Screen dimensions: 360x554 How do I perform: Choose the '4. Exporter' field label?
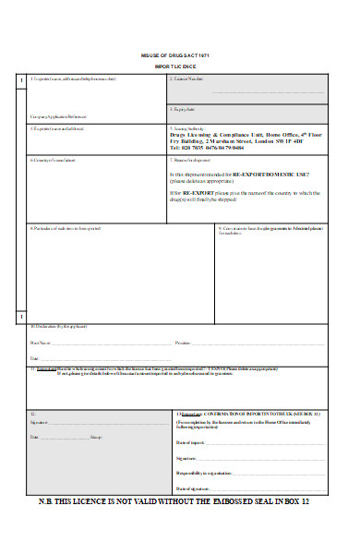pos(61,128)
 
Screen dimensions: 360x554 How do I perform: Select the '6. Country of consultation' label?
pos(55,160)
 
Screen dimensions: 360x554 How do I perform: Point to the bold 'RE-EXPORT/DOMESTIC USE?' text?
pos(277,174)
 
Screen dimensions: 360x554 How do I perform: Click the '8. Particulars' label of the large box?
pos(65,227)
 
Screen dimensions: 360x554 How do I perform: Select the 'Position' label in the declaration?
pos(185,342)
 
